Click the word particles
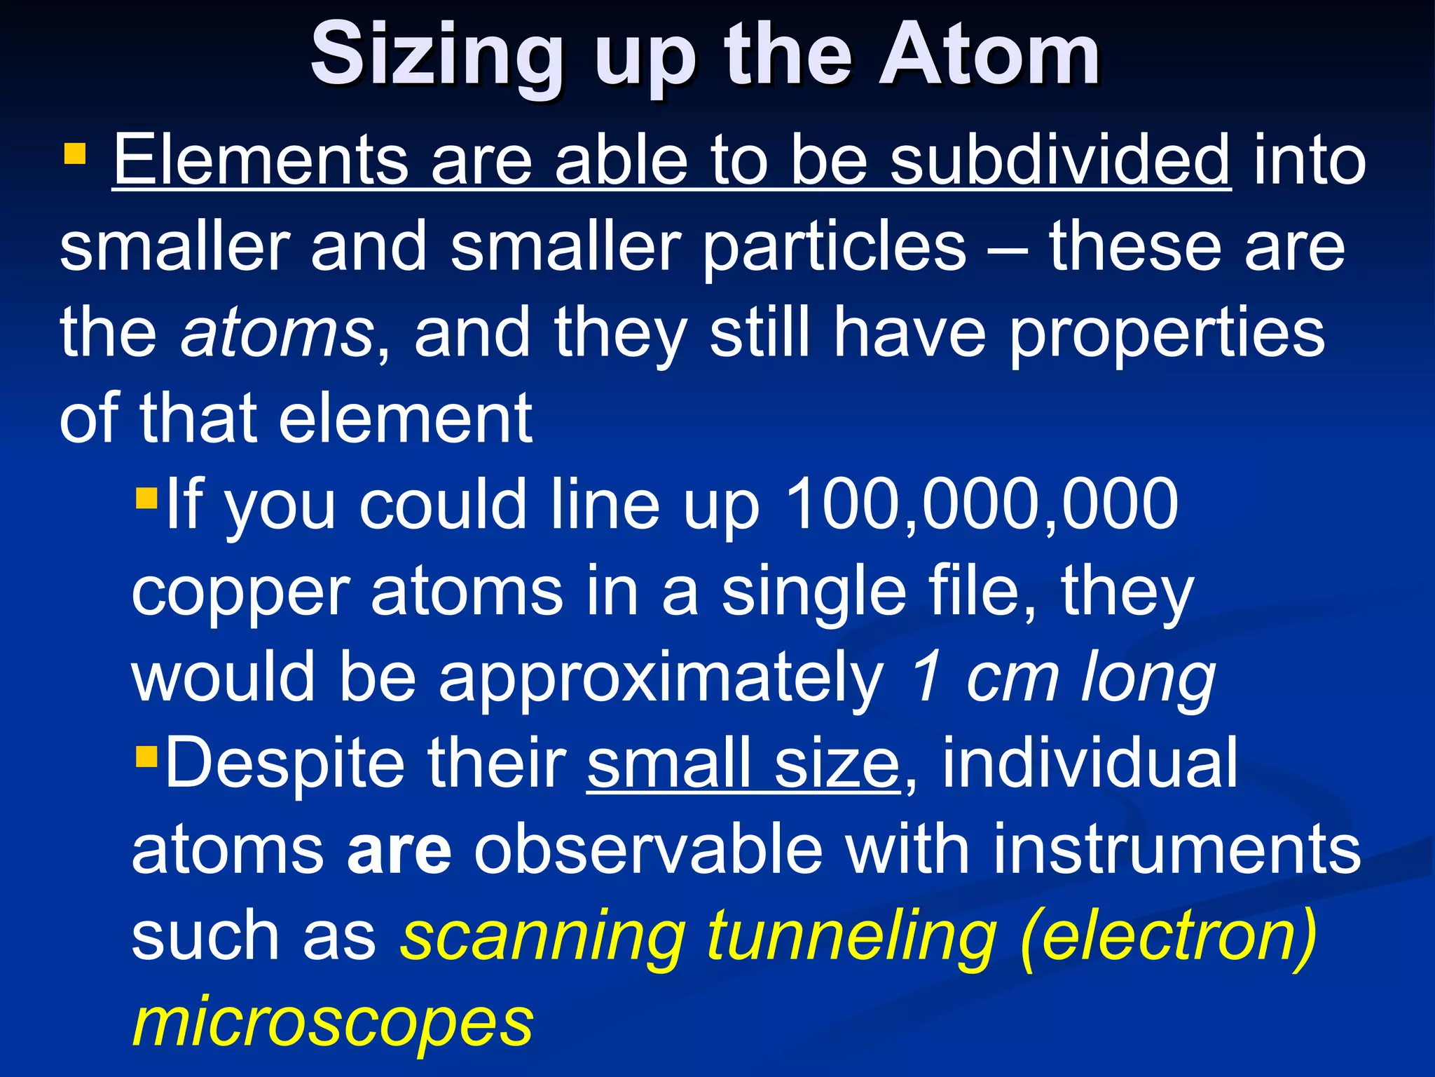(x=835, y=247)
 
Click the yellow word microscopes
(x=333, y=1022)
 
